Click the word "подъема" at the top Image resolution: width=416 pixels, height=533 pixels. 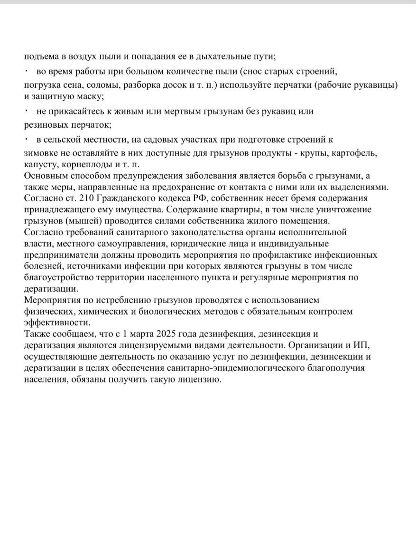[x=41, y=57]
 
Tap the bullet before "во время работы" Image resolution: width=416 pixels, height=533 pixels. [x=27, y=71]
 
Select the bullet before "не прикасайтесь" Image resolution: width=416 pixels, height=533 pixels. [x=27, y=111]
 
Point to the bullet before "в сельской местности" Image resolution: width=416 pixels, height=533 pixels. [x=27, y=139]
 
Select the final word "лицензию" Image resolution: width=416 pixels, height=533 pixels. [x=202, y=380]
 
